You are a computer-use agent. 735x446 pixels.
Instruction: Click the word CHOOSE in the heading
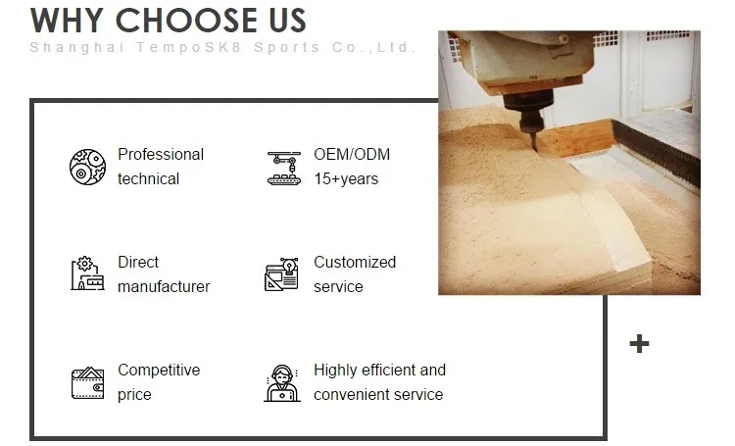click(187, 21)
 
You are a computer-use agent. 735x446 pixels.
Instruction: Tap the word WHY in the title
click(67, 21)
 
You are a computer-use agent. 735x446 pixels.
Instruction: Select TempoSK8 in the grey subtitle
click(189, 47)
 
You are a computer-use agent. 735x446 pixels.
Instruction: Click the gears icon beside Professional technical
click(87, 167)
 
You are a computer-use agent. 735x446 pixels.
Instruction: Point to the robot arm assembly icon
click(284, 168)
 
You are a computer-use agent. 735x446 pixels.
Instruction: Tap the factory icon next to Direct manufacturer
click(87, 273)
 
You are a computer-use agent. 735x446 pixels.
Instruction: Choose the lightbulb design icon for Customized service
click(281, 274)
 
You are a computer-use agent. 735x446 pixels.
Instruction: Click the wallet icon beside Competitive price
click(87, 383)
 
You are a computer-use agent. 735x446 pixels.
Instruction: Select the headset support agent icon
click(281, 383)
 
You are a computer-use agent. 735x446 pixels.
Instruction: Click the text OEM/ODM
click(352, 154)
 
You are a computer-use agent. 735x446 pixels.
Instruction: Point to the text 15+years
click(346, 178)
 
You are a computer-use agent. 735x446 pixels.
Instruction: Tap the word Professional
click(161, 154)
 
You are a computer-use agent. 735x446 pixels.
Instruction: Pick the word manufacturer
click(164, 286)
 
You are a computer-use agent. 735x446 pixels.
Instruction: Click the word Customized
click(355, 262)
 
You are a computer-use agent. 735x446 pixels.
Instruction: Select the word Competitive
click(159, 370)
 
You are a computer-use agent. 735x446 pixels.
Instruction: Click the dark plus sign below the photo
click(639, 344)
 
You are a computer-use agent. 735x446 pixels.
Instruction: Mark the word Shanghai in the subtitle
click(77, 48)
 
